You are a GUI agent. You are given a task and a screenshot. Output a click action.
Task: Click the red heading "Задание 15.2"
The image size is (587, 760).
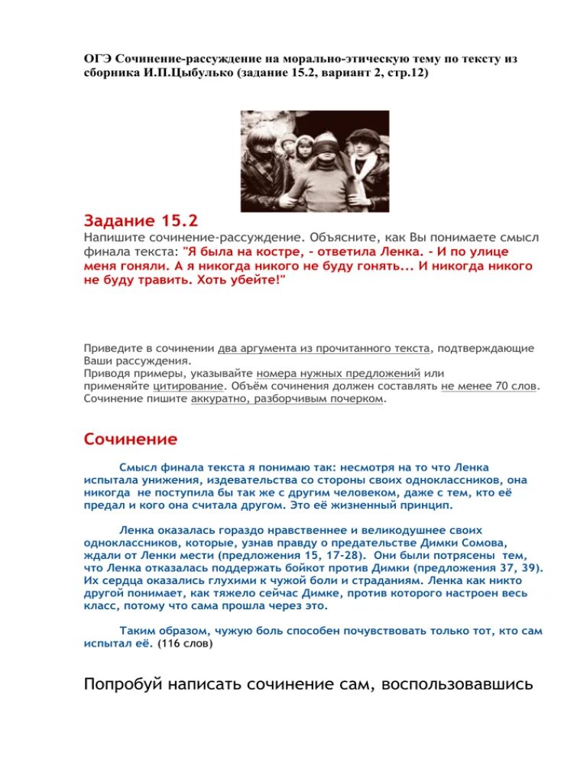[x=141, y=221]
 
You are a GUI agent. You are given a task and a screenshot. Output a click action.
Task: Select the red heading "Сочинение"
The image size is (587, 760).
[x=130, y=439]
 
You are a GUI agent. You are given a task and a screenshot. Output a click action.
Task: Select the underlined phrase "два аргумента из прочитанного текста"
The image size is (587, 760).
[x=324, y=348]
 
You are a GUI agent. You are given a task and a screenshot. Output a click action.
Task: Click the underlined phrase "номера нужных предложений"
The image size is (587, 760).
[x=339, y=373]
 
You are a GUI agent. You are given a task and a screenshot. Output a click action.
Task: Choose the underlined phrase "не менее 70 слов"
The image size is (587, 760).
[x=489, y=386]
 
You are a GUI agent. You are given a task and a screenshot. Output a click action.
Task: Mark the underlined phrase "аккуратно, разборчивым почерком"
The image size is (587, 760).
[x=287, y=399]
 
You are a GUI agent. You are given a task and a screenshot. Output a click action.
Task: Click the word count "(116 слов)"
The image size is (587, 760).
[x=185, y=645]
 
